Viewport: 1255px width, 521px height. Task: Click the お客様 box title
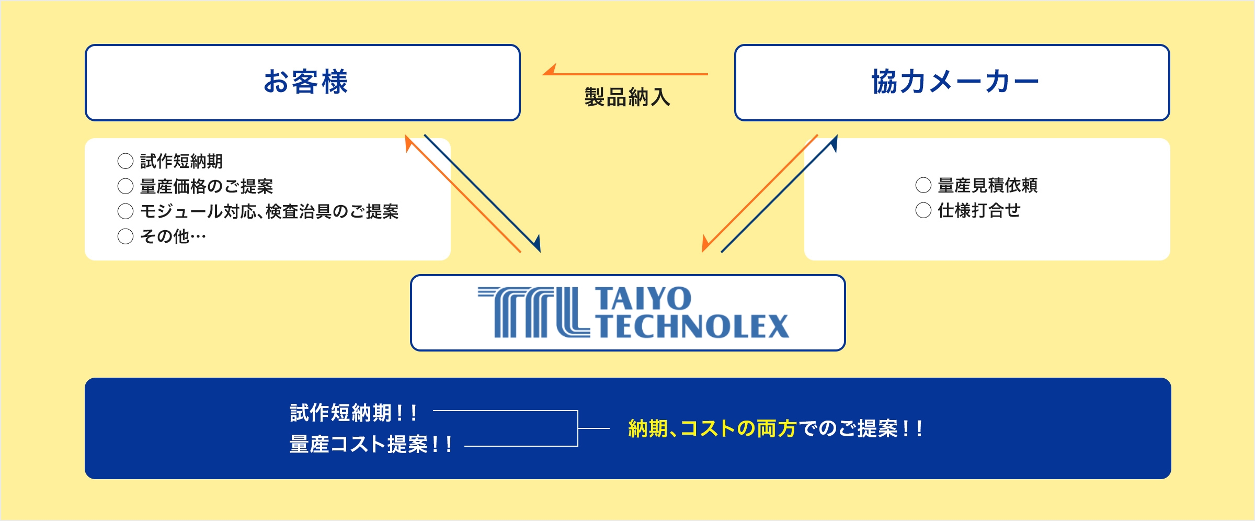pyautogui.click(x=305, y=82)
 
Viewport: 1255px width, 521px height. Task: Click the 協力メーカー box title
pyautogui.click(x=954, y=82)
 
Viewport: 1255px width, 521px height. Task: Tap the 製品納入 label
pyautogui.click(x=627, y=97)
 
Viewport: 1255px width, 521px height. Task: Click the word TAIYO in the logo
pyautogui.click(x=643, y=299)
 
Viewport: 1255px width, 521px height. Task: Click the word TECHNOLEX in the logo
pyautogui.click(x=693, y=326)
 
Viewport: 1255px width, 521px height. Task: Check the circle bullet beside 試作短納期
pyautogui.click(x=125, y=161)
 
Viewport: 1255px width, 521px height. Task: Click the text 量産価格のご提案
pyautogui.click(x=207, y=186)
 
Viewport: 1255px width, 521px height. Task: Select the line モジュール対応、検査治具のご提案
pyautogui.click(x=269, y=211)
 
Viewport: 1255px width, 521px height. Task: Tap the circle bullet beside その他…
pyautogui.click(x=125, y=236)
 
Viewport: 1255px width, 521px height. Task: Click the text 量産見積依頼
pyautogui.click(x=987, y=185)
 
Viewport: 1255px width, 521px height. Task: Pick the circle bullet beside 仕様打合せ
pyautogui.click(x=923, y=210)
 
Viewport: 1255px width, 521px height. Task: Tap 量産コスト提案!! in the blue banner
pyautogui.click(x=371, y=445)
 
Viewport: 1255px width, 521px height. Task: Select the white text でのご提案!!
pyautogui.click(x=861, y=429)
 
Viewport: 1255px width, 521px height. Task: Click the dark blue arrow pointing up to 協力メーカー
pyautogui.click(x=779, y=194)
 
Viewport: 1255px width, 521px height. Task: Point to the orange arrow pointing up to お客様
pyautogui.click(x=463, y=194)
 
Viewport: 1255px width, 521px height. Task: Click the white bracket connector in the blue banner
pyautogui.click(x=577, y=428)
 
